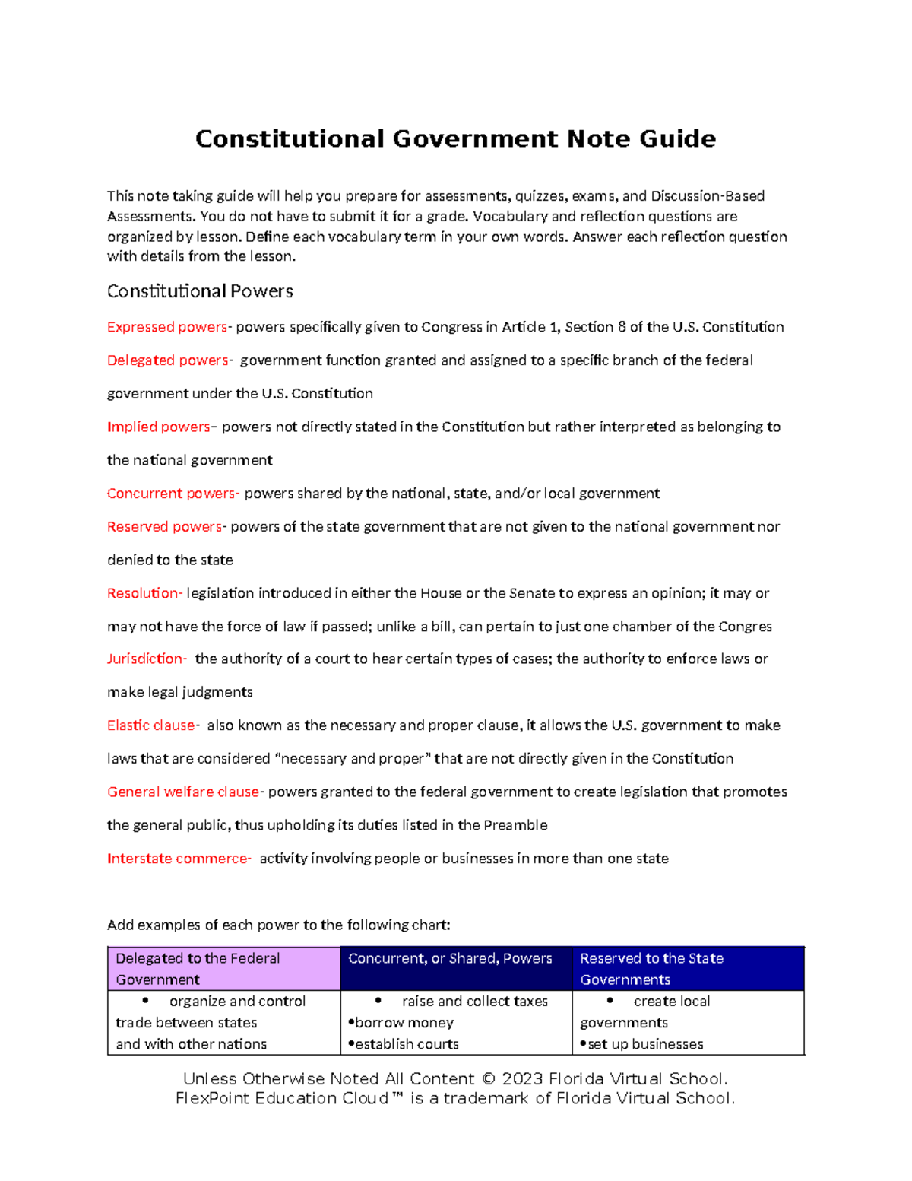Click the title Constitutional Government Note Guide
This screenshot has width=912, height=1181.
455,139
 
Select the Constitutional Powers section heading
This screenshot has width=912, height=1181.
200,291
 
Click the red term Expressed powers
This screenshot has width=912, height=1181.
167,327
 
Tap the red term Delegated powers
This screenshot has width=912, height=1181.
168,360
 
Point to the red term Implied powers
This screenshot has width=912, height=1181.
159,427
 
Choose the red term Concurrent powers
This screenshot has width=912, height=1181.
172,494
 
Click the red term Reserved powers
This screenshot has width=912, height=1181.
165,527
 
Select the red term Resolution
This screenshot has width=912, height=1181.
144,593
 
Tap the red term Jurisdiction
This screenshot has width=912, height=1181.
146,659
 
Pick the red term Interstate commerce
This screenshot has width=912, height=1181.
178,859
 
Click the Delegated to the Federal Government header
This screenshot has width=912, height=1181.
198,969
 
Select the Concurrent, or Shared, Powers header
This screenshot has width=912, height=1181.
450,959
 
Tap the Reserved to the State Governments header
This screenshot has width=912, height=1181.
651,969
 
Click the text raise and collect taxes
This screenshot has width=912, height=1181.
474,1002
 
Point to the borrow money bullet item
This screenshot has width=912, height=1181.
404,1023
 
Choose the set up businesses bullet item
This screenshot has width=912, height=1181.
644,1044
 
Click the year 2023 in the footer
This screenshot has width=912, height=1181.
522,1079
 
